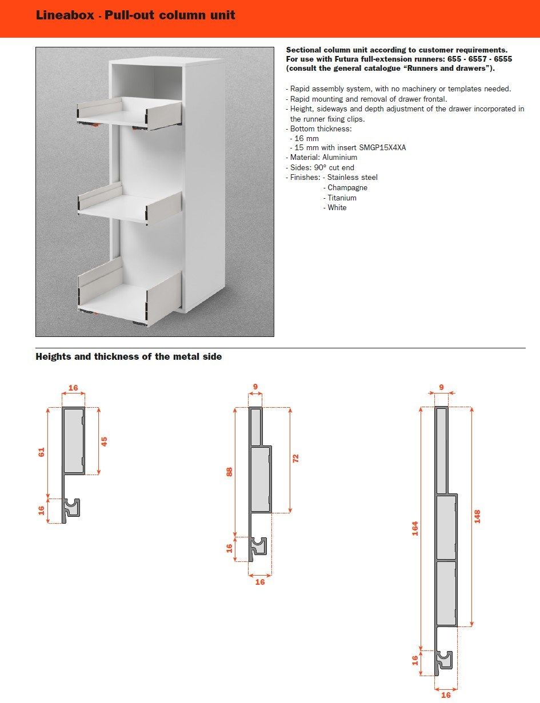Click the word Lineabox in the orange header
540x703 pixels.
coord(65,15)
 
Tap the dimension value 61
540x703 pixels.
coord(41,452)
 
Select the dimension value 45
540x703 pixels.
coord(104,441)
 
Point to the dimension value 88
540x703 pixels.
coord(230,472)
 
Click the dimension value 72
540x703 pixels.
coord(295,458)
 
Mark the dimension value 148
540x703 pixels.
coord(478,516)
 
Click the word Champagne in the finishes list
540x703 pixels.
coord(347,188)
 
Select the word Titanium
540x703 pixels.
coord(342,198)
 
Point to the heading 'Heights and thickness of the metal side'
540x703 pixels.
coord(129,357)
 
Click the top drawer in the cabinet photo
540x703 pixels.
coord(130,114)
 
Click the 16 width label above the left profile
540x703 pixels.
coord(73,388)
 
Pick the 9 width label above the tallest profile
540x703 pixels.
coord(441,387)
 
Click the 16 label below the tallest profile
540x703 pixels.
coord(446,695)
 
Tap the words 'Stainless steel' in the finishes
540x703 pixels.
coord(352,178)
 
